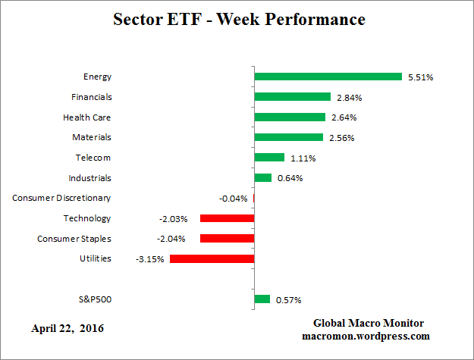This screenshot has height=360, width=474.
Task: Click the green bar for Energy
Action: coord(328,77)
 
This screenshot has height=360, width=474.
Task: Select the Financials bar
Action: coord(292,97)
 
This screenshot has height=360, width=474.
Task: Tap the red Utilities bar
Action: coord(212,258)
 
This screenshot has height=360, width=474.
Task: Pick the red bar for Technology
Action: coord(227,218)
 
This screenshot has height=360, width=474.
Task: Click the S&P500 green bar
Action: coord(262,299)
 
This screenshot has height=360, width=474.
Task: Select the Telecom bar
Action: coord(269,158)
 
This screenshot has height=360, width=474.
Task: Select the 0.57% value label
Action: coord(287,299)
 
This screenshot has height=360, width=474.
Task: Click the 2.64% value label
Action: coord(342,117)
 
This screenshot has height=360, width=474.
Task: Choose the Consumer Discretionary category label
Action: coord(61,198)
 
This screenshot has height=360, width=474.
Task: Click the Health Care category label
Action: coord(86,117)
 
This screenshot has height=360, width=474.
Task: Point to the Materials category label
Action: coord(91,137)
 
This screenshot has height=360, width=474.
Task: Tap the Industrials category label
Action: coord(89,178)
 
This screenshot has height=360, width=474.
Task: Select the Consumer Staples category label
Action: coord(74,239)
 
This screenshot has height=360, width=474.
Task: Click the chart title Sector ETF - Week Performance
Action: coord(237,19)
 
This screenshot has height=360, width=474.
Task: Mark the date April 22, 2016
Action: coord(67,328)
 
